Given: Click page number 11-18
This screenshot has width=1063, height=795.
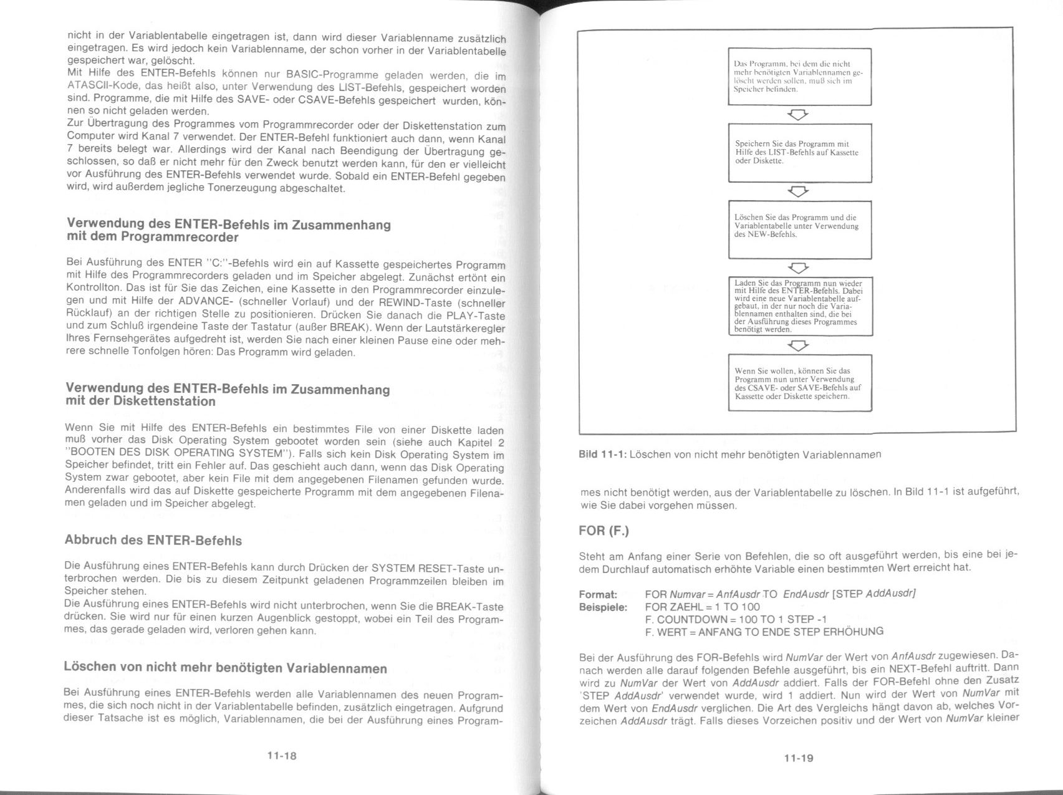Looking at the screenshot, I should (x=282, y=756).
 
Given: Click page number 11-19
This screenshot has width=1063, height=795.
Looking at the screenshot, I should (x=799, y=758).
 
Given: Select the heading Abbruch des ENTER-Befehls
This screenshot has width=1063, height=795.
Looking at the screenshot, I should (x=153, y=540).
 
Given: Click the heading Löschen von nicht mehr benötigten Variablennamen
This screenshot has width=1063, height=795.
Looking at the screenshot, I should (x=225, y=668).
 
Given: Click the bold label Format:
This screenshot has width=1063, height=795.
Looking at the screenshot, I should (x=598, y=594).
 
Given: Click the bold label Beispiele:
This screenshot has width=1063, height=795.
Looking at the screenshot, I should (x=603, y=607).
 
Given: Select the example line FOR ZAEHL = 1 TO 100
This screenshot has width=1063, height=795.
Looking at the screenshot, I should (x=702, y=607).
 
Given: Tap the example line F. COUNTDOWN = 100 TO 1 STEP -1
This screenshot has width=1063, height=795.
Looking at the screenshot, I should (x=736, y=619).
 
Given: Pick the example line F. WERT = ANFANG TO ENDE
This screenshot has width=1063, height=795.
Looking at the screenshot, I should (x=764, y=632).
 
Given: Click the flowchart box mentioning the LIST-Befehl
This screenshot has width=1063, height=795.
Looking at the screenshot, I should (x=800, y=153).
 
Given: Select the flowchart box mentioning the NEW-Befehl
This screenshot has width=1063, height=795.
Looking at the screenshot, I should (x=800, y=229).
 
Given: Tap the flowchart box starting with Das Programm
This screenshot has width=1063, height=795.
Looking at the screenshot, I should (x=800, y=77).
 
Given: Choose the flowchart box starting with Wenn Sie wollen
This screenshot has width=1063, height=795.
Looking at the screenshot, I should (x=800, y=383).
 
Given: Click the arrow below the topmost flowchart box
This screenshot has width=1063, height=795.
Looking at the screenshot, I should (x=799, y=115).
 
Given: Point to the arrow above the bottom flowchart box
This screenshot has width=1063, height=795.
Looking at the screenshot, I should (x=799, y=345).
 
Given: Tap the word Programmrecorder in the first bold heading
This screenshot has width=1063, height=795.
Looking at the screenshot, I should (x=180, y=238).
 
